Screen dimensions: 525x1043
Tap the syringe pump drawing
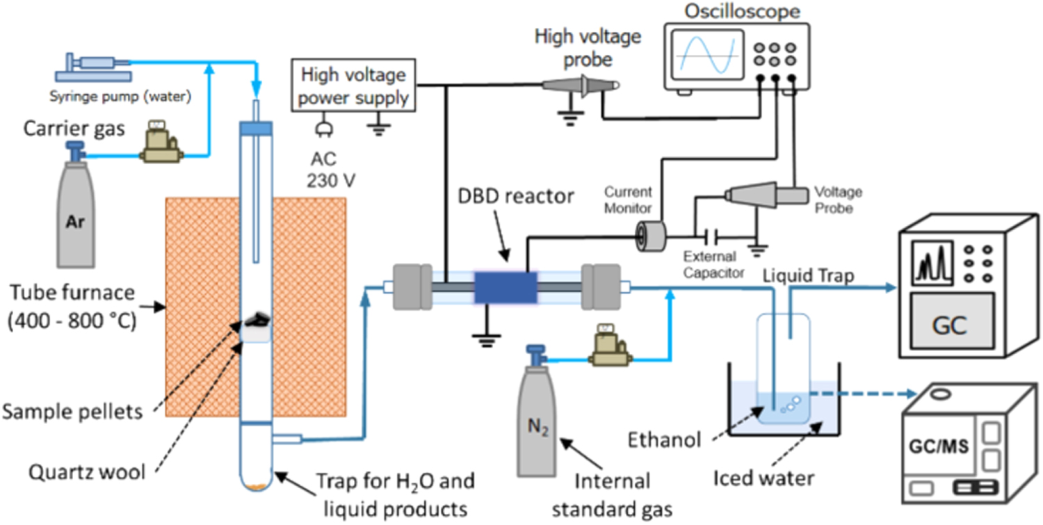pyautogui.click(x=94, y=65)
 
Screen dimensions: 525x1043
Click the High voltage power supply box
pyautogui.click(x=354, y=86)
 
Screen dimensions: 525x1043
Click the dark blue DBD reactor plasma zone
pyautogui.click(x=506, y=287)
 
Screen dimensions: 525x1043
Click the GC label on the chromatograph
pyautogui.click(x=950, y=326)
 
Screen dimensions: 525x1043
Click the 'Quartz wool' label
pyautogui.click(x=87, y=472)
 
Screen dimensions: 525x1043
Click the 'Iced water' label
pyautogui.click(x=763, y=478)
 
